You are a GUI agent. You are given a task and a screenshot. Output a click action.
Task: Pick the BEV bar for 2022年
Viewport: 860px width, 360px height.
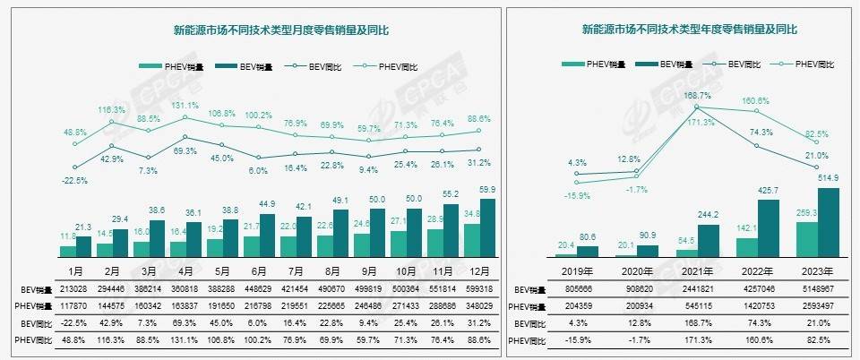pyautogui.click(x=770, y=227)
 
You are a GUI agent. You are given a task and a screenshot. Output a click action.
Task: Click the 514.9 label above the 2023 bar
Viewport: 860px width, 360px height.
pyautogui.click(x=829, y=178)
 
